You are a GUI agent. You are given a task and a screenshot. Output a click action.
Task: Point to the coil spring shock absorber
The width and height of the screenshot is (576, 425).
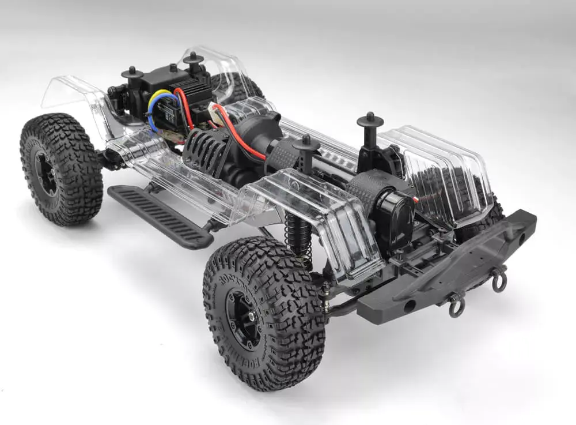click(297, 234)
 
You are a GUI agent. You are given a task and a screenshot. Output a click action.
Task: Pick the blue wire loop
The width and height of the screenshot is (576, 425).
click(151, 121)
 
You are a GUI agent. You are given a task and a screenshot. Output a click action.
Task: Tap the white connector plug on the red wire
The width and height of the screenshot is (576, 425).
click(217, 111)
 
